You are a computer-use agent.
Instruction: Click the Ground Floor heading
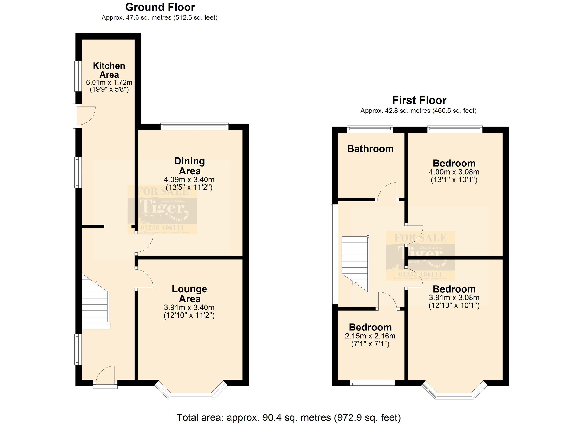click(x=160, y=8)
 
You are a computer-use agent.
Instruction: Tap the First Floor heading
click(x=419, y=100)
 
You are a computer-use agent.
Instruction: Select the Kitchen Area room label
click(x=109, y=70)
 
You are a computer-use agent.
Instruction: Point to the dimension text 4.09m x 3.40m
click(x=189, y=180)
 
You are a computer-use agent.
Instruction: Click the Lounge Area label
click(x=189, y=294)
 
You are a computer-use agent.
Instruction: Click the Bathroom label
click(x=370, y=149)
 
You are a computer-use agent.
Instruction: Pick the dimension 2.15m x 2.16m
click(x=370, y=336)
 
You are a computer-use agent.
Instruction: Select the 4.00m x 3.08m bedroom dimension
click(x=454, y=172)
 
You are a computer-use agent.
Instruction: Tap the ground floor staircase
click(x=95, y=306)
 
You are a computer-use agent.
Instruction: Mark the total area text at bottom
click(x=288, y=417)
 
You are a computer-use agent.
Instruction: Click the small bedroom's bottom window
click(x=372, y=384)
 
